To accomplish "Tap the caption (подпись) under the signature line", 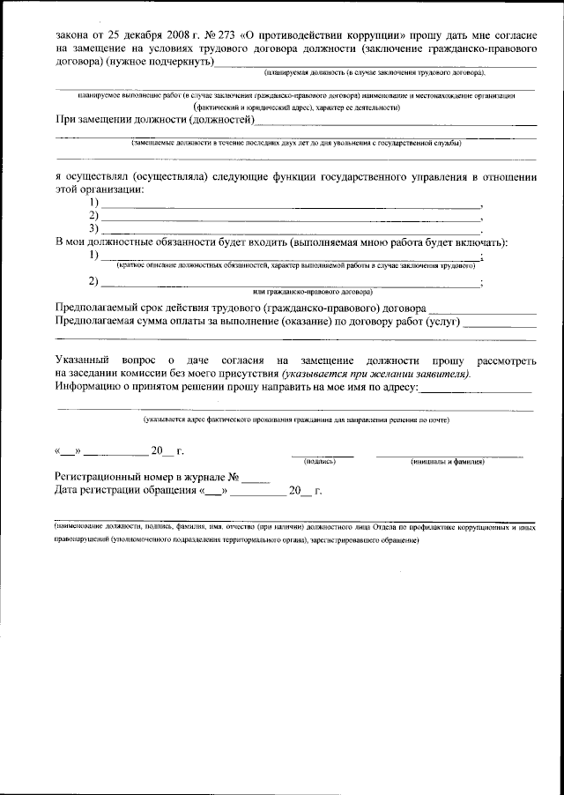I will [320, 461].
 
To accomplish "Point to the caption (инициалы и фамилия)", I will [449, 461].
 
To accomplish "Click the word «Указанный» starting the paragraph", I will [83, 360].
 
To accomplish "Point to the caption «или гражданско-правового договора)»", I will [312, 291].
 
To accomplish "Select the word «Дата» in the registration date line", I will [70, 490].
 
